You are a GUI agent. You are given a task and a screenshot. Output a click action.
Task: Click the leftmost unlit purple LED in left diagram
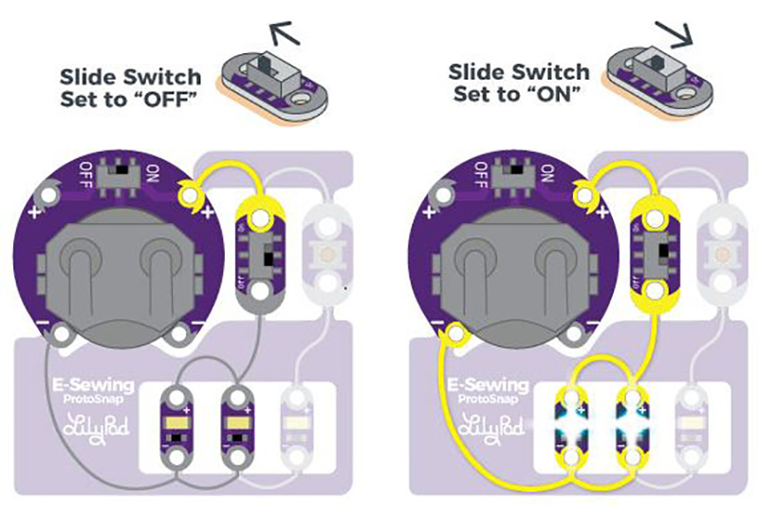click(178, 419)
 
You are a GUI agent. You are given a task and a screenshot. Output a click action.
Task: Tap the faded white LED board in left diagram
click(295, 419)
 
